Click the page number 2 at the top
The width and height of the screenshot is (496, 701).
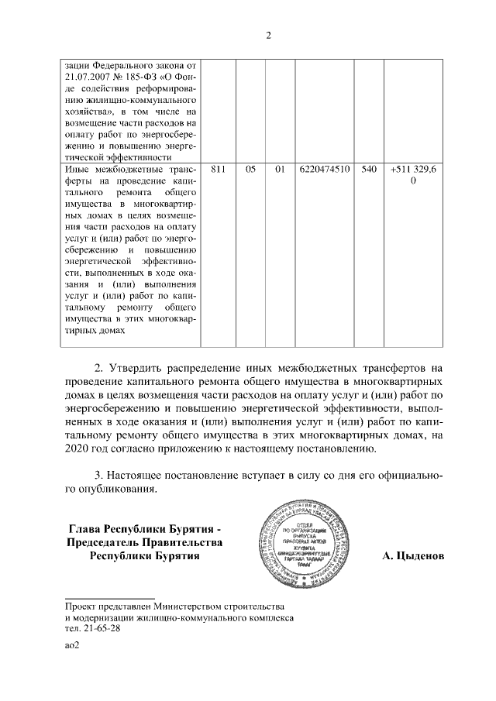pos(267,34)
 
